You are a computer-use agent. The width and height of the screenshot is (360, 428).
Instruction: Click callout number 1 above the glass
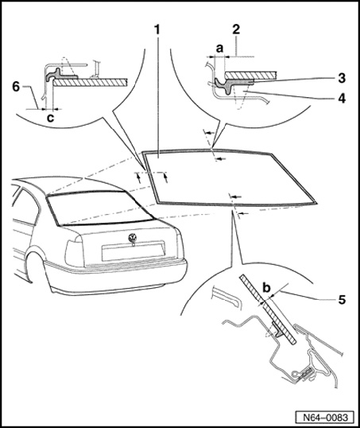tap(157, 30)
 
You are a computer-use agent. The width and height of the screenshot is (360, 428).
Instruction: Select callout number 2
tap(236, 29)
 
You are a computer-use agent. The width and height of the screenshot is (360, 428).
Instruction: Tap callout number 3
tap(342, 78)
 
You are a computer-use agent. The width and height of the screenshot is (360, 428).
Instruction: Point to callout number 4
tap(342, 99)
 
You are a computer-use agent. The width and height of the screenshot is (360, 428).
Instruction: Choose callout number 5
tap(342, 300)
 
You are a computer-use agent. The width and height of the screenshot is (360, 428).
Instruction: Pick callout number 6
tap(16, 87)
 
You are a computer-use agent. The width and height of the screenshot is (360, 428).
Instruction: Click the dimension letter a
tap(219, 49)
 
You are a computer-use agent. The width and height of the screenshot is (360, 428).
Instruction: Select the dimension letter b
tap(267, 288)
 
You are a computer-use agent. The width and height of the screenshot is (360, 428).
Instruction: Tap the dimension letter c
tap(50, 118)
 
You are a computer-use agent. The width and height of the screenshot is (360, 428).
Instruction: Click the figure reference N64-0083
tap(326, 418)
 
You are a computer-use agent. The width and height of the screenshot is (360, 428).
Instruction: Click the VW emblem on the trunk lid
tap(133, 239)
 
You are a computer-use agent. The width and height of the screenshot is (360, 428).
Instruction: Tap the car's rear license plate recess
tap(133, 251)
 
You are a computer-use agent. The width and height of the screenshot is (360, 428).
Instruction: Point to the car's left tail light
tap(74, 253)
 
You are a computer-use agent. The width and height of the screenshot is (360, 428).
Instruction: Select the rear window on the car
tap(99, 208)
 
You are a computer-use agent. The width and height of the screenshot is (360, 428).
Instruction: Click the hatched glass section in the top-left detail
tap(91, 83)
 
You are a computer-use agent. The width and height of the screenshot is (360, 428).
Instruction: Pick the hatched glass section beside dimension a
tap(251, 75)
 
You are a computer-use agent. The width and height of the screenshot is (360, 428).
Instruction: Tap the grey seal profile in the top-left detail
tap(60, 75)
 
